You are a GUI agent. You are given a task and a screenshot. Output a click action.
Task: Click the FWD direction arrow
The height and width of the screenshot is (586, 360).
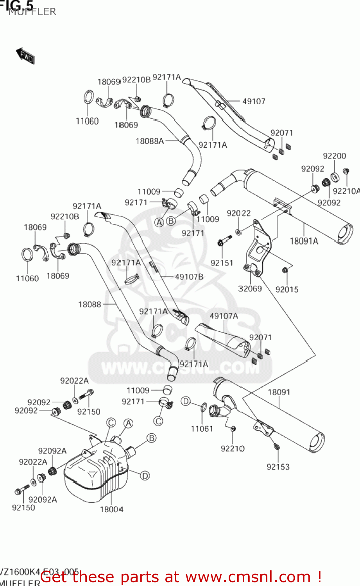25,55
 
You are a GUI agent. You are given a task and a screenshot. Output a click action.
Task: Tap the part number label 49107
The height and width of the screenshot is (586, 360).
254,101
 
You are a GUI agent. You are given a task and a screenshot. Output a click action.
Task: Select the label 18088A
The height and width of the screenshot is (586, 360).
149,141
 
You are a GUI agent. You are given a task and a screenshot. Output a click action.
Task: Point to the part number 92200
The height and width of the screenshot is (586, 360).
334,156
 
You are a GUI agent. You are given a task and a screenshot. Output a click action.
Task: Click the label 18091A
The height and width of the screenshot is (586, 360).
304,241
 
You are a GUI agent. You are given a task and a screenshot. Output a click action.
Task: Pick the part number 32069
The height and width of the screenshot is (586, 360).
250,289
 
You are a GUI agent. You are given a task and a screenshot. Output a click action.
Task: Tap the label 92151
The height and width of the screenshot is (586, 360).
222,263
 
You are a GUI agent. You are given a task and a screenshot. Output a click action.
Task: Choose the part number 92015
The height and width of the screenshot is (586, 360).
287,289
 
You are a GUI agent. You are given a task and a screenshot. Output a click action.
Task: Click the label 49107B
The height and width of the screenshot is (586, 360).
189,277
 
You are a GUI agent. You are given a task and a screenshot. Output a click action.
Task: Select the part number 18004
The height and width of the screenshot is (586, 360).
111,509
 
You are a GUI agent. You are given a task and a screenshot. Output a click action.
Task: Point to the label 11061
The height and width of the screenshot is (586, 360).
202,429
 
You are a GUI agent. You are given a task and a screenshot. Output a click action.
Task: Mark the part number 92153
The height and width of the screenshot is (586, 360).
278,466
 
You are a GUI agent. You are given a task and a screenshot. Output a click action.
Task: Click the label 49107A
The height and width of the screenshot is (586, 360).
224,316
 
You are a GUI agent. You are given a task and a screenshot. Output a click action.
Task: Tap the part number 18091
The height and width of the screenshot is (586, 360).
279,392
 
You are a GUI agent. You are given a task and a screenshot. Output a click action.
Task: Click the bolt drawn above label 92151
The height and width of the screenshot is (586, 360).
221,243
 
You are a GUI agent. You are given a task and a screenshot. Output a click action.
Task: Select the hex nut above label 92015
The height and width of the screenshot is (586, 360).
285,270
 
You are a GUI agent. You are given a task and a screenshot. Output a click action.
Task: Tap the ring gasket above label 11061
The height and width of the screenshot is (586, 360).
203,407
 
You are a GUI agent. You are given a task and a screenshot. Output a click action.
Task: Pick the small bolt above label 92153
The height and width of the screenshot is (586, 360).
276,446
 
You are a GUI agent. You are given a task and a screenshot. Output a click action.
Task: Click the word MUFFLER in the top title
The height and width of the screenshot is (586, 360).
32,12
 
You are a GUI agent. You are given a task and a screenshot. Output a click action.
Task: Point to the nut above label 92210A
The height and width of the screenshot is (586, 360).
346,171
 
